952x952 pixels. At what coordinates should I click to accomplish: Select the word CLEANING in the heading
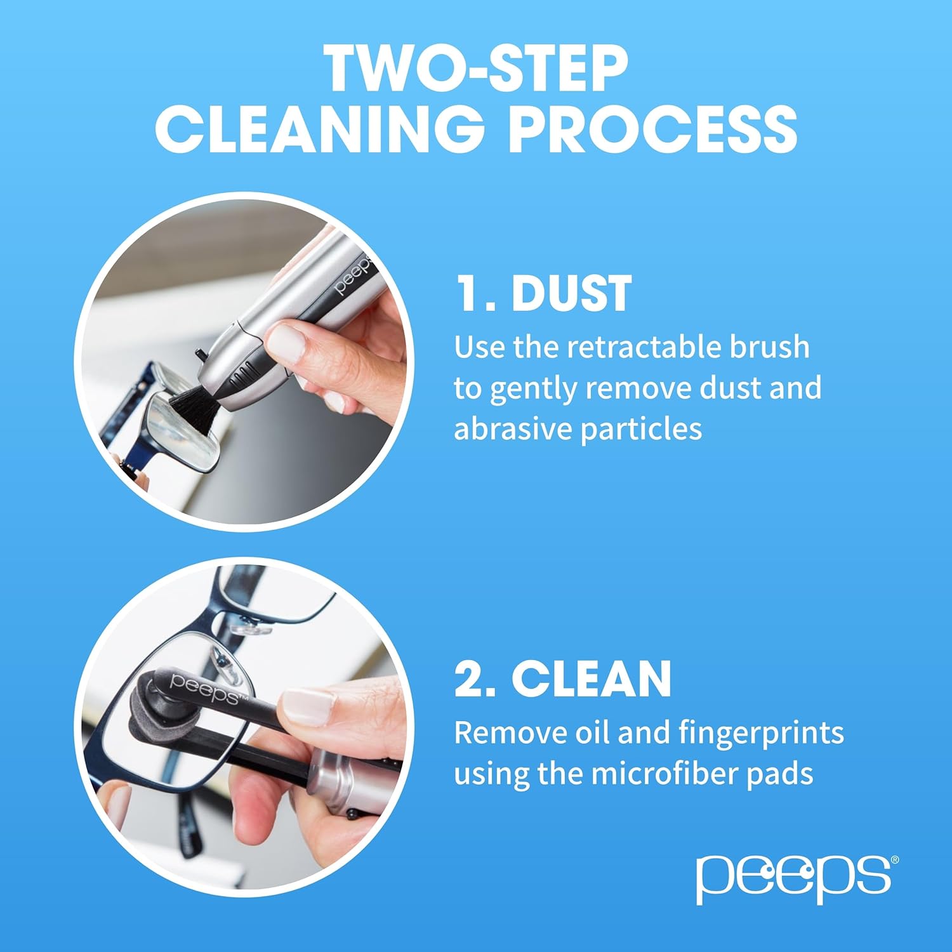tap(320, 129)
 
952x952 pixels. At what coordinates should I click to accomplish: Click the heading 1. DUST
tap(543, 293)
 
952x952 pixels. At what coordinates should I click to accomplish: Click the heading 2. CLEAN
tap(562, 678)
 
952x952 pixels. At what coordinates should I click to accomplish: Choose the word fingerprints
tap(761, 733)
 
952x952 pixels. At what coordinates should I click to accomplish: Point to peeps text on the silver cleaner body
tap(352, 278)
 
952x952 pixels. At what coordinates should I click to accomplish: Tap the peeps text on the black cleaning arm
tap(203, 689)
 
